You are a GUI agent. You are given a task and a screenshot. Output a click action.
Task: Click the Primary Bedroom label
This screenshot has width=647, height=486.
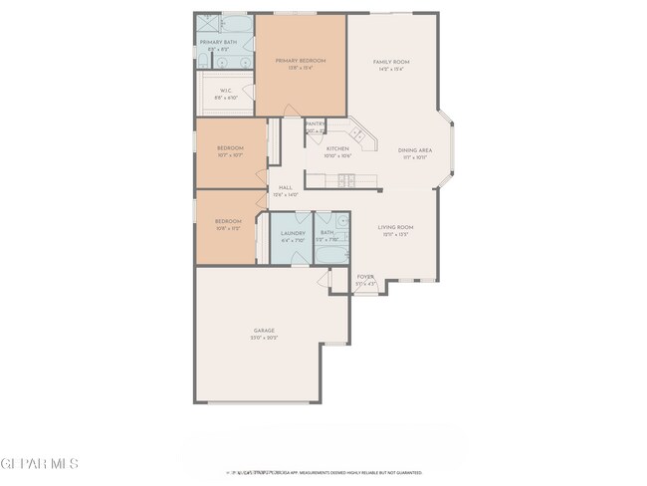(x=300, y=62)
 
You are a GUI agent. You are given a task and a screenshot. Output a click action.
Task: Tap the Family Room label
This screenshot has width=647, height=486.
(x=391, y=62)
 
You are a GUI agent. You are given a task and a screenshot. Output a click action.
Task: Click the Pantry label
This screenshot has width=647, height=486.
(x=315, y=123)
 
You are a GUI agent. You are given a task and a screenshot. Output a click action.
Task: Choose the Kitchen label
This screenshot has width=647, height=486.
(x=337, y=148)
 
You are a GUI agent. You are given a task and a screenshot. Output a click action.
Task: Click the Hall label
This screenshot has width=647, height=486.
(x=285, y=188)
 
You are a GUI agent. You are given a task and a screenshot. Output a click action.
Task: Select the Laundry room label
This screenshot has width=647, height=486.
(x=292, y=233)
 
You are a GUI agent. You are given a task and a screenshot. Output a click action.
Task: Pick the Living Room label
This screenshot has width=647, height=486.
(x=395, y=227)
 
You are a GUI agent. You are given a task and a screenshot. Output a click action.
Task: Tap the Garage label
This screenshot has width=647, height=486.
(x=264, y=331)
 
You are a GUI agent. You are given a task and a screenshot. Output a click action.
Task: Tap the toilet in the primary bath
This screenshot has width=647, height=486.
(x=202, y=63)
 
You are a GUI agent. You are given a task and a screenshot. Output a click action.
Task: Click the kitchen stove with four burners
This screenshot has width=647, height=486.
(x=345, y=180)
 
